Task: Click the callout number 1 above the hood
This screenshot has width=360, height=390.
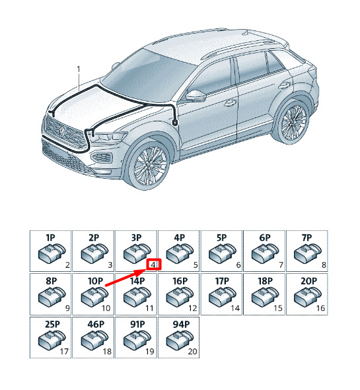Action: (79, 69)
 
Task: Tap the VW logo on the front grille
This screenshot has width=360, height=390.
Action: (61, 131)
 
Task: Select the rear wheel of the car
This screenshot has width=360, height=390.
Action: (293, 121)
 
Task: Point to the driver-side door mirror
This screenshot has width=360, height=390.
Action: (196, 96)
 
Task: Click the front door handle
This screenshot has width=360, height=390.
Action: (231, 102)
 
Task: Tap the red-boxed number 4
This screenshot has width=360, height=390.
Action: (154, 265)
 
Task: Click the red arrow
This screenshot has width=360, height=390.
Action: (126, 278)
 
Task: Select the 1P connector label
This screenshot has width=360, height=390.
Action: (50, 238)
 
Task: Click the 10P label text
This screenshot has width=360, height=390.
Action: (95, 281)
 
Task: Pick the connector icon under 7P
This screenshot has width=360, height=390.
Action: (308, 253)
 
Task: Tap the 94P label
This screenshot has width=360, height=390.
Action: (181, 324)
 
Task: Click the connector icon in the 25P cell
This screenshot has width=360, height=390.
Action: (52, 339)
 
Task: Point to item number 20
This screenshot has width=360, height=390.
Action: (192, 352)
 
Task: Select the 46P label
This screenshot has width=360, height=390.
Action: (96, 324)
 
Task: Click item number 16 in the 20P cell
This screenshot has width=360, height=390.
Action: (320, 308)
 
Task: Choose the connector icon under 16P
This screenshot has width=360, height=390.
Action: (180, 296)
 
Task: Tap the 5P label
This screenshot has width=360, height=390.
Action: (221, 238)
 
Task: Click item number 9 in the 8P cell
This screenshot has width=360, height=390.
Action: (67, 308)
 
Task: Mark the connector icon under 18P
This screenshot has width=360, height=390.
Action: (266, 296)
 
